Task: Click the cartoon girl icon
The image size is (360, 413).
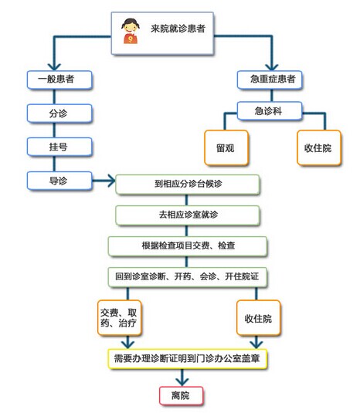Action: pyautogui.click(x=131, y=31)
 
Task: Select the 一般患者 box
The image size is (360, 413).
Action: pyautogui.click(x=59, y=80)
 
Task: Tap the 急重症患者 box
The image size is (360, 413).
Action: pyautogui.click(x=270, y=80)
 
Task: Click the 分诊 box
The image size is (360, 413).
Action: pyautogui.click(x=59, y=113)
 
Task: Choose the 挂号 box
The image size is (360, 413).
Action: pyautogui.click(x=59, y=147)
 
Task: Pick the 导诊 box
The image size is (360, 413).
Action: pyautogui.click(x=59, y=181)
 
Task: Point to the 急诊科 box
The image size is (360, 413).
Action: pyautogui.click(x=270, y=111)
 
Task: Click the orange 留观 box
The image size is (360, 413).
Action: pyautogui.click(x=226, y=147)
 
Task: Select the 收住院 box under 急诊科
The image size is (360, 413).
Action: pyautogui.click(x=319, y=147)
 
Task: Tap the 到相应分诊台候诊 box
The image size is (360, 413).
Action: pyautogui.click(x=188, y=184)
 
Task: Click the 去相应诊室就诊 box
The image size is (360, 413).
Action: pyautogui.click(x=188, y=215)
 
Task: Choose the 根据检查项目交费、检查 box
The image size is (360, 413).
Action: pyautogui.click(x=188, y=246)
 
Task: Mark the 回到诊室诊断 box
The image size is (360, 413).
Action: pyautogui.click(x=188, y=277)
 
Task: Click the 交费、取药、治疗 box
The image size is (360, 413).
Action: pyautogui.click(x=119, y=317)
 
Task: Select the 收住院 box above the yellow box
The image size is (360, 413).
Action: pyautogui.click(x=258, y=317)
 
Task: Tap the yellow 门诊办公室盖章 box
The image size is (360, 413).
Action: pyautogui.click(x=188, y=358)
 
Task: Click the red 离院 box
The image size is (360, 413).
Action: pyautogui.click(x=181, y=395)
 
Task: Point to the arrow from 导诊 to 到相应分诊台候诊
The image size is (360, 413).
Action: pyautogui.click(x=104, y=181)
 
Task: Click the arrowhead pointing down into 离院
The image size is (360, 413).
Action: pyautogui.click(x=182, y=381)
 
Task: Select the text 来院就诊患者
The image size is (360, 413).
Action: pyautogui.click(x=178, y=29)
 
